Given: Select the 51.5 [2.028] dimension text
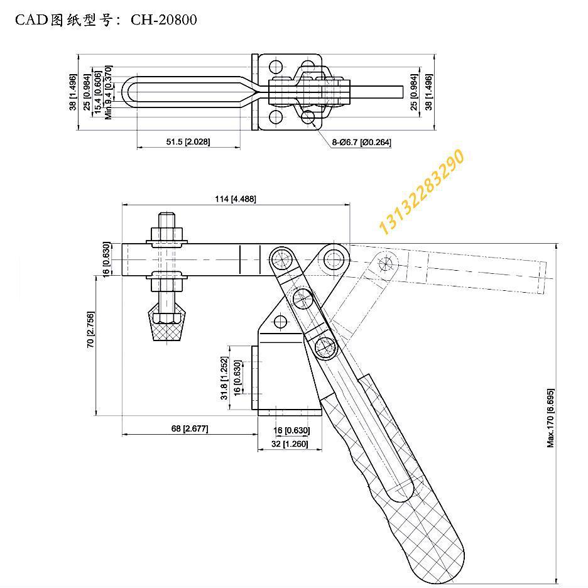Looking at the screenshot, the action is point(188,142).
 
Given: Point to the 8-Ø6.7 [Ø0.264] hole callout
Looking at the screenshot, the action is point(361,143).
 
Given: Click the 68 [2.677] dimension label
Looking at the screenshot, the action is point(189,428).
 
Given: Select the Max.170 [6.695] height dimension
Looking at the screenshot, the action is point(550,417).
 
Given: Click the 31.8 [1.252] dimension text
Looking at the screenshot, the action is point(224,378).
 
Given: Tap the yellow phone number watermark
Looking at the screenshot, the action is point(422,192).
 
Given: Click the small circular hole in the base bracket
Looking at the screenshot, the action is point(280,322).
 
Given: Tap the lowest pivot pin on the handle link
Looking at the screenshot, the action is point(325,347).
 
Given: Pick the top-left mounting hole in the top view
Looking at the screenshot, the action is point(275,66).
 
